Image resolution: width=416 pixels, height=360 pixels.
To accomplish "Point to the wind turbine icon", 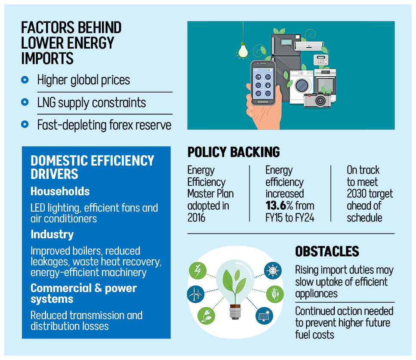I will pos(196,295).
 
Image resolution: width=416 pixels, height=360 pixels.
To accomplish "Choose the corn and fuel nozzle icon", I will pos(276,295).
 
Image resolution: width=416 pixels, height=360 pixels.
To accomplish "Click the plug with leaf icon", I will pos(206,316).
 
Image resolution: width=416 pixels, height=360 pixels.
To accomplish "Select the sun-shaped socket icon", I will pos(272,271).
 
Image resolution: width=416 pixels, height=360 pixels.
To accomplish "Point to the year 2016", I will pos(197,218).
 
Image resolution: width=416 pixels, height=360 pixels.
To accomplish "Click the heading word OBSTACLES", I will pos(327,252).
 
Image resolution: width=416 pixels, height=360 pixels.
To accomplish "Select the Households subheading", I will pos(60,191).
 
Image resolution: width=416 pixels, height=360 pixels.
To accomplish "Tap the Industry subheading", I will pos(52,234).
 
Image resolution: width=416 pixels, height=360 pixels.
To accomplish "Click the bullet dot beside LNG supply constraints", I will pos(25,102).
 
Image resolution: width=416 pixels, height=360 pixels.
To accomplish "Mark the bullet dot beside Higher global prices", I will pos(25,80).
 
